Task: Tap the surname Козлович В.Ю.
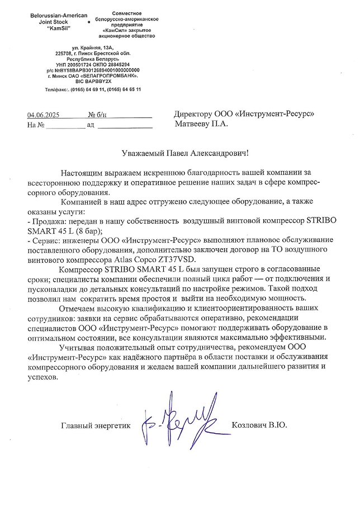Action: pos(259,426)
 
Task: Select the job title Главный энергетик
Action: pos(96,426)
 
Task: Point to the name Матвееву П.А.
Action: pos(201,124)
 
